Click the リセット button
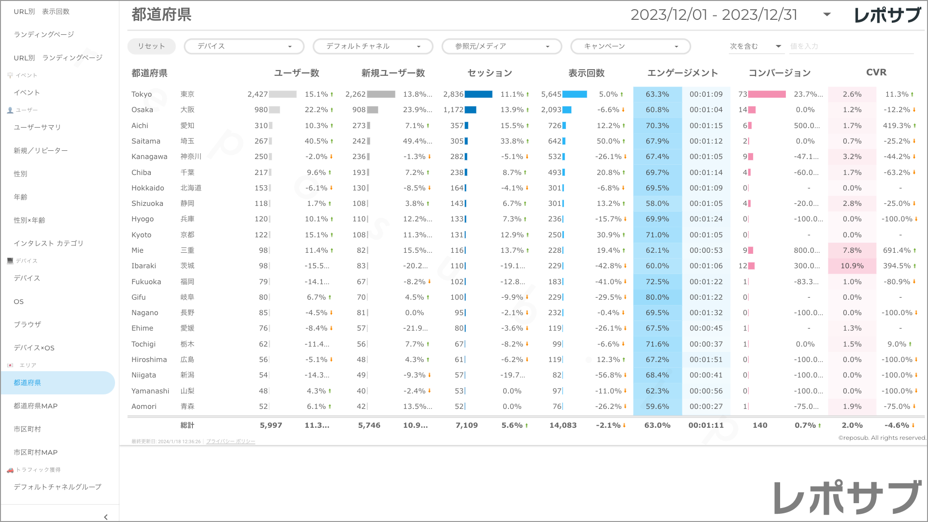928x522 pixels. pyautogui.click(x=151, y=46)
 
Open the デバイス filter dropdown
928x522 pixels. pyautogui.click(x=244, y=46)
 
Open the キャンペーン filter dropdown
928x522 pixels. pyautogui.click(x=630, y=46)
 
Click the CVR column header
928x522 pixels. pyautogui.click(x=876, y=72)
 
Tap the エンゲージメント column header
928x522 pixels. pyautogui.click(x=682, y=73)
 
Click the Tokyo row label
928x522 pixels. pyautogui.click(x=142, y=94)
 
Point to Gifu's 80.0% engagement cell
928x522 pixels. pyautogui.click(x=657, y=297)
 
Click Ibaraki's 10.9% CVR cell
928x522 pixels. pyautogui.click(x=852, y=266)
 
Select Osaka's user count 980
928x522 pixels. pyautogui.click(x=261, y=110)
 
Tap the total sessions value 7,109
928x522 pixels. pyautogui.click(x=466, y=425)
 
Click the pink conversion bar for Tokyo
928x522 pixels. pyautogui.click(x=767, y=94)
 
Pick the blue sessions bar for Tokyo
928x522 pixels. pyautogui.click(x=478, y=94)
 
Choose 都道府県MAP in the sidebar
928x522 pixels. pyautogui.click(x=36, y=406)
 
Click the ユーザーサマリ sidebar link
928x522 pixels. pyautogui.click(x=37, y=127)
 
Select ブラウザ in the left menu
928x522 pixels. pyautogui.click(x=28, y=324)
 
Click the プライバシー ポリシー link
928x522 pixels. pyautogui.click(x=231, y=441)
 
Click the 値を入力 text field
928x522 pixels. pyautogui.click(x=851, y=46)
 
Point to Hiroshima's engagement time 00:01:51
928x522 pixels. pyautogui.click(x=706, y=360)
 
